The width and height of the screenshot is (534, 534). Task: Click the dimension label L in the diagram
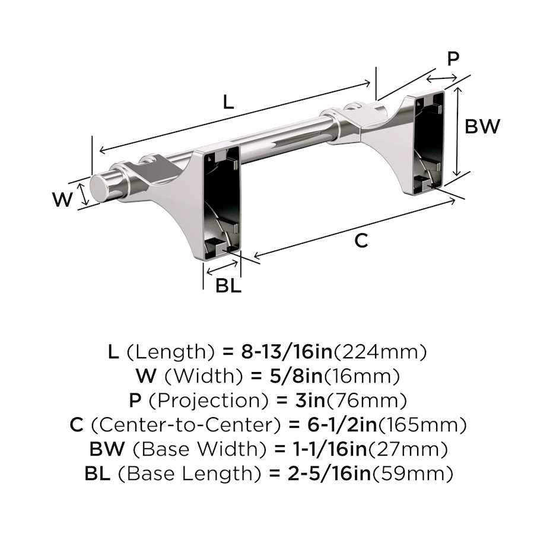[x=228, y=101]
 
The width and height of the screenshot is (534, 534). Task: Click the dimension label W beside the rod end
[x=62, y=200]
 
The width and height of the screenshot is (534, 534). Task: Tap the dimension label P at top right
[x=453, y=59]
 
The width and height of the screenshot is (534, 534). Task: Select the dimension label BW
[x=482, y=126]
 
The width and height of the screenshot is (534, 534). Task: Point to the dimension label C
[x=361, y=240]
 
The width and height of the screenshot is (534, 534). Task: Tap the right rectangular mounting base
[x=429, y=140]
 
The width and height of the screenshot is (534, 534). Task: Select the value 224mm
[x=380, y=352]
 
